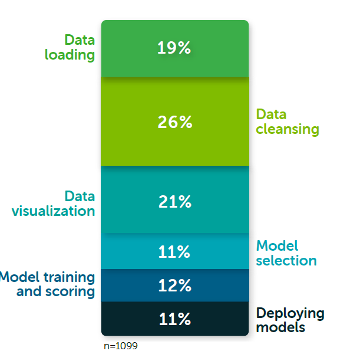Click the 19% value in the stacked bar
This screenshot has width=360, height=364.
[x=174, y=48]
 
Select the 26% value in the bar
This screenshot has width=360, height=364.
[x=175, y=122]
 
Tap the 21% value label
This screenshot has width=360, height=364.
[x=175, y=202]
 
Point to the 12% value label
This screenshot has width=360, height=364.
[x=175, y=285]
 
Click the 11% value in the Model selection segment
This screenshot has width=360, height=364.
[x=174, y=252]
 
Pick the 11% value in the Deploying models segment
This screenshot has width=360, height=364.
[x=175, y=319]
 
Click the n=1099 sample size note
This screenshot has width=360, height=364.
[x=121, y=346]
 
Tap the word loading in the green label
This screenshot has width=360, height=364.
[x=70, y=55]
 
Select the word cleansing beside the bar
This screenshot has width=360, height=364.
[x=288, y=129]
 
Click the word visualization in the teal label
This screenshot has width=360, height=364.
[x=53, y=211]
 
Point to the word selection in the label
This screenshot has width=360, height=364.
[x=286, y=261]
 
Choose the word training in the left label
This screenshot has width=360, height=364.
[x=70, y=277]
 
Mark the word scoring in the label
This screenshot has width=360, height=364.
[x=70, y=292]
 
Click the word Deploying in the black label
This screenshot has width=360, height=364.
[x=290, y=314]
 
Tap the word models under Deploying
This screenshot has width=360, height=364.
[x=280, y=327]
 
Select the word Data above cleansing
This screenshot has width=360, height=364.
[x=271, y=114]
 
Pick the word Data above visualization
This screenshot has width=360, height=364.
[x=80, y=196]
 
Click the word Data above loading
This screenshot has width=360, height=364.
[x=80, y=40]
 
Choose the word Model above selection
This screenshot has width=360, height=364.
[x=277, y=245]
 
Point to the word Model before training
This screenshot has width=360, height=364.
[x=19, y=277]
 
